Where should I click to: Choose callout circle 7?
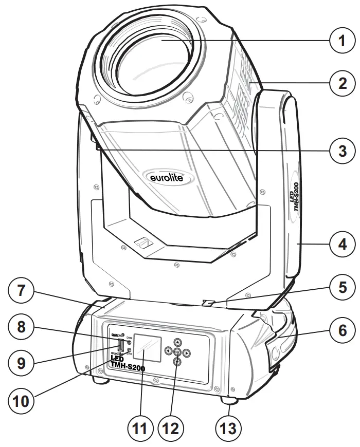click(21, 291)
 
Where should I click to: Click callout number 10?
click(21, 400)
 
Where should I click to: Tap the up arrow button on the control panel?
click(177, 341)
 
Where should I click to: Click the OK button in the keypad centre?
click(177, 352)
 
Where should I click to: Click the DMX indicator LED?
click(129, 342)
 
